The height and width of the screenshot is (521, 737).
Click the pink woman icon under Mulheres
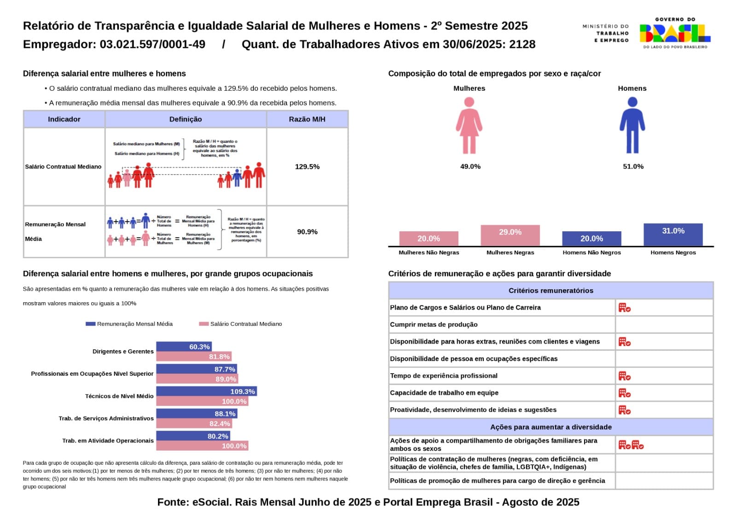coord(469,126)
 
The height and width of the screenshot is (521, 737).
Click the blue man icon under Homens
coord(632,126)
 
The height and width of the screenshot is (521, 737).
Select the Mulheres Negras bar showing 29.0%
coord(510,235)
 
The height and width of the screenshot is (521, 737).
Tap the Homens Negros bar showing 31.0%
coord(673,234)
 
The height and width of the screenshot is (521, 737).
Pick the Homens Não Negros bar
coord(591,239)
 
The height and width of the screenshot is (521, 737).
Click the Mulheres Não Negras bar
coord(428,239)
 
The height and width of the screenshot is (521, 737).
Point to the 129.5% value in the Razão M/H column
coord(307,167)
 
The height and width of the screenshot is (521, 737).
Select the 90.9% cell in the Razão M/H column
coord(307,232)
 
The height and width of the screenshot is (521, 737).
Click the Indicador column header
coord(64,119)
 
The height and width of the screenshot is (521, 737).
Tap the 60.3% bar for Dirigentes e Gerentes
coord(184,346)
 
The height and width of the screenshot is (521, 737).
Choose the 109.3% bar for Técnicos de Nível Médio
coord(206,392)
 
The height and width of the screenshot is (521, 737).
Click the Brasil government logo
coord(675,33)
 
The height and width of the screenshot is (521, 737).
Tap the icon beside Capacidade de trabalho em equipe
coord(624,393)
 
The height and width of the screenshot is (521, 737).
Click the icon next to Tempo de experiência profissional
coord(624,376)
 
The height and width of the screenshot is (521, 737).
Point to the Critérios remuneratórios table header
coord(550,291)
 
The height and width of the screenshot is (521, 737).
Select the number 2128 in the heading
coord(522,44)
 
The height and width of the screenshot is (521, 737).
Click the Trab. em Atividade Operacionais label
coord(108,441)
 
